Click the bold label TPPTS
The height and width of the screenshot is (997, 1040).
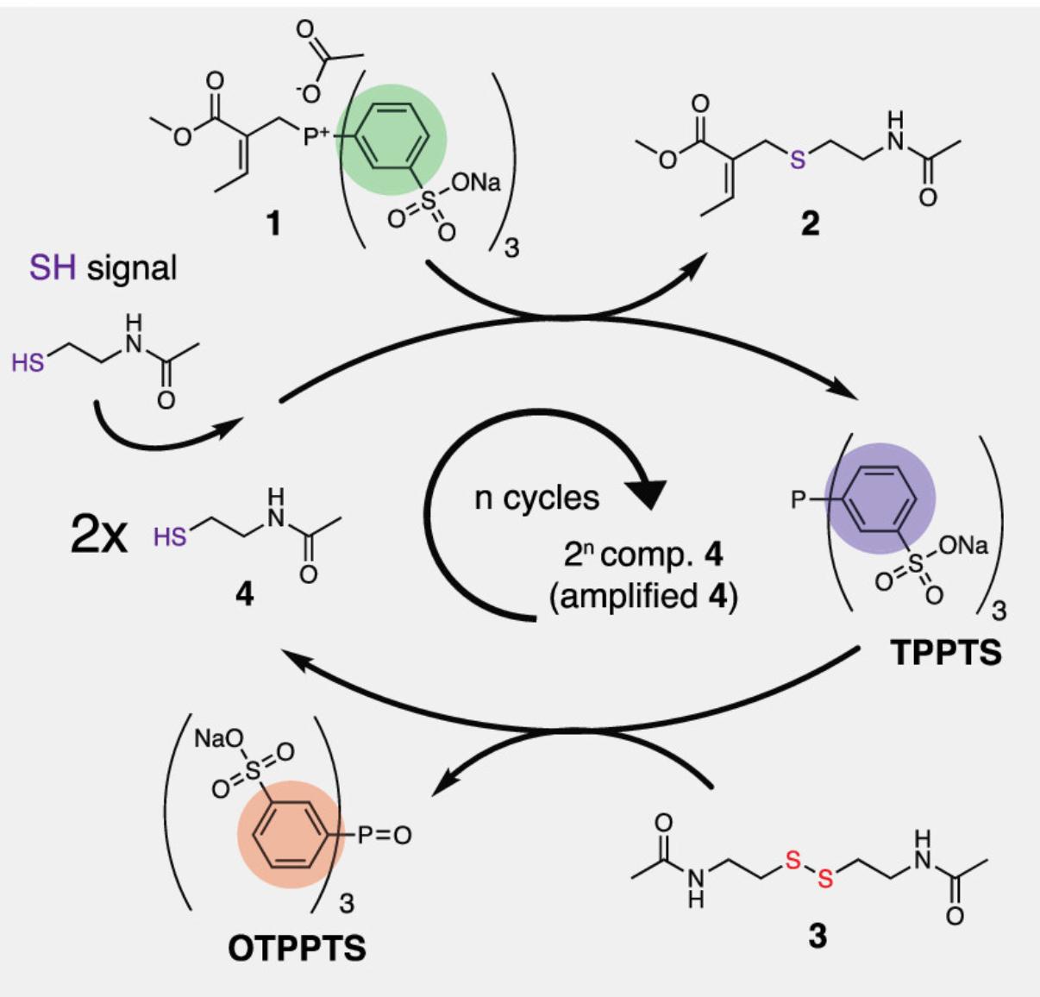point(946,652)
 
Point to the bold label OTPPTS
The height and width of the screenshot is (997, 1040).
point(297,948)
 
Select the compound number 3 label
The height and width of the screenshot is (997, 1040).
point(817,935)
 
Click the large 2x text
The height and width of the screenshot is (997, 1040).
point(98,536)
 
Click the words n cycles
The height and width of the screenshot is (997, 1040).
point(536,498)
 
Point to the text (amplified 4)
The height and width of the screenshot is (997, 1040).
point(643,596)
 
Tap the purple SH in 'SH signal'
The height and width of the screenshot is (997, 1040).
point(53,268)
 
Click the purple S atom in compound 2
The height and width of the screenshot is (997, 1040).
point(798,159)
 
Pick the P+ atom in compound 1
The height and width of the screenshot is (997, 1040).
point(316,136)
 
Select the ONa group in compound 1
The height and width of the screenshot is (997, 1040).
point(475,183)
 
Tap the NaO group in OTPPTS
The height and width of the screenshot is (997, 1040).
point(218,739)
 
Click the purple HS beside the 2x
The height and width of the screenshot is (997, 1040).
point(170,537)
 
